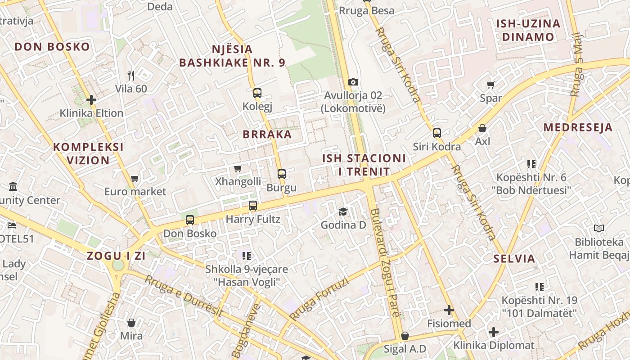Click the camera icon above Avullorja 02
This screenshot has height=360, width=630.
tap(353, 82)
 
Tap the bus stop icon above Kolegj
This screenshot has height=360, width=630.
tap(257, 93)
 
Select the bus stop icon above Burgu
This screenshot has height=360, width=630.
tap(282, 174)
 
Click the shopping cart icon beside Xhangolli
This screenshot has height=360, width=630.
tap(238, 168)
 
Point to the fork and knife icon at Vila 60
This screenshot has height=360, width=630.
tap(131, 75)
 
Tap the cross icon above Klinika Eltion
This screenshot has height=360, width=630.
tap(91, 99)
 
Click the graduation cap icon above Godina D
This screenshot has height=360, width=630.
tap(343, 211)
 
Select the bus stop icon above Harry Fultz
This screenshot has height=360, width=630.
tap(253, 206)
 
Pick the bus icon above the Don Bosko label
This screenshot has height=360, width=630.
tap(190, 220)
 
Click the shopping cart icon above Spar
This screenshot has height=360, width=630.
tap(491, 85)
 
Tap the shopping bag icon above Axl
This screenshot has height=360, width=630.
tap(482, 128)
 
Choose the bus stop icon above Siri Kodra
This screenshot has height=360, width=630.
tap(437, 133)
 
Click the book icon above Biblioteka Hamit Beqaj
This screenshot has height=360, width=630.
tap(598, 229)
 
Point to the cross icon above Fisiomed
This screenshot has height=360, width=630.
tap(449, 310)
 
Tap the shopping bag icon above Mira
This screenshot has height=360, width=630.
tap(131, 322)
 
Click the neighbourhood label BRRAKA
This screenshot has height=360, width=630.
tap(267, 134)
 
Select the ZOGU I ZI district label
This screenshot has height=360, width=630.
tap(116, 256)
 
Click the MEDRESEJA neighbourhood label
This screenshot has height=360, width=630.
tap(578, 127)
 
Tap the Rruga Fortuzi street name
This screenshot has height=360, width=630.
tap(319, 299)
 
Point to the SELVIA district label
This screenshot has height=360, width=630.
tap(514, 259)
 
